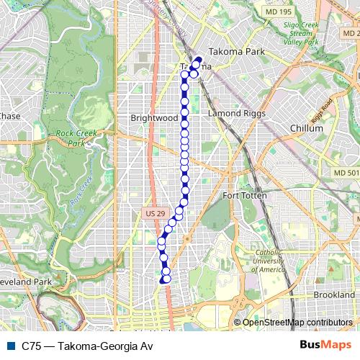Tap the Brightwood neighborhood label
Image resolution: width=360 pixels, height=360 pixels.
(154, 117)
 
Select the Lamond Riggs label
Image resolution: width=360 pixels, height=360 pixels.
(237, 114)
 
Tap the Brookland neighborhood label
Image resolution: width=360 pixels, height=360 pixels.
(334, 295)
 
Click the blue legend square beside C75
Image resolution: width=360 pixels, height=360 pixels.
(9, 346)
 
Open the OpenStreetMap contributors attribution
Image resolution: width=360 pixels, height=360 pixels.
(297, 323)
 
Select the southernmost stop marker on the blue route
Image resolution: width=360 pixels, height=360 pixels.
(166, 279)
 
